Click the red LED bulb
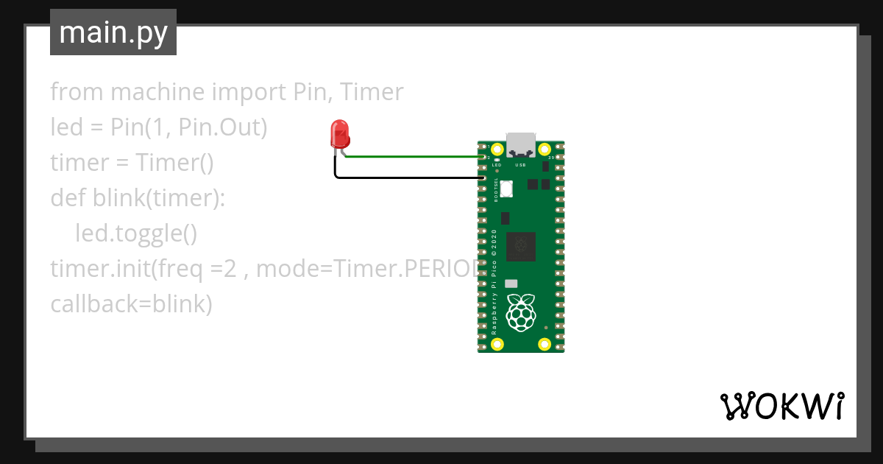click(x=340, y=134)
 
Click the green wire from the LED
click(x=412, y=156)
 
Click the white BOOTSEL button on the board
click(x=506, y=191)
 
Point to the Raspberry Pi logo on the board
click(x=521, y=312)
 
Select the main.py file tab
click(x=113, y=32)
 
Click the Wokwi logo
click(x=781, y=406)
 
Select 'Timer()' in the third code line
click(x=174, y=163)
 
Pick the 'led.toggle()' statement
click(x=136, y=233)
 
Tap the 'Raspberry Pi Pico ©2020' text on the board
click(x=494, y=283)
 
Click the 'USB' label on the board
click(x=520, y=166)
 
